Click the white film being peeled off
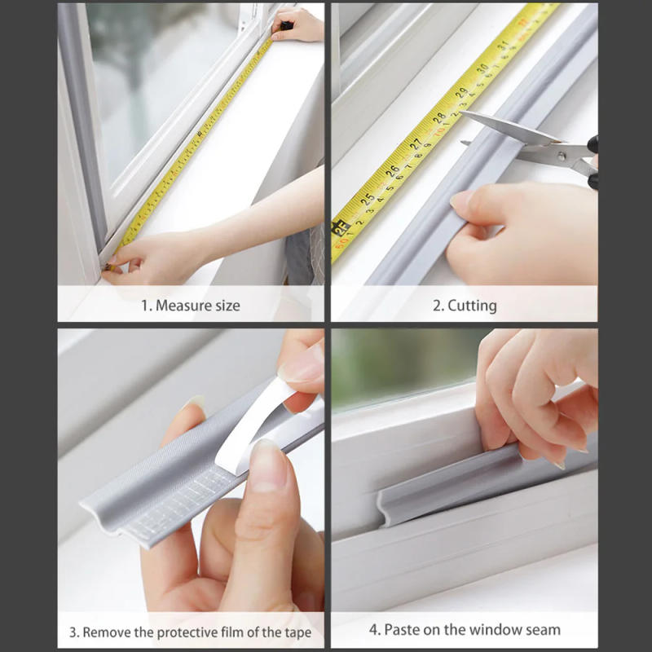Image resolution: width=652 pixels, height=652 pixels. [x=261, y=424]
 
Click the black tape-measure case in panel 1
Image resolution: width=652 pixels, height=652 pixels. [x=286, y=26]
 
